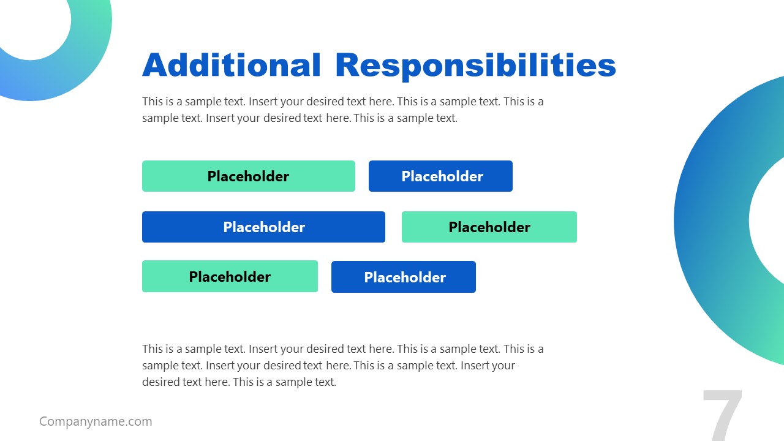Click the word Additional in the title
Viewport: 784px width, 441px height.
(x=231, y=65)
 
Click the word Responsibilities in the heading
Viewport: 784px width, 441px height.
(x=475, y=65)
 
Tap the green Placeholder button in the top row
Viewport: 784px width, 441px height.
(x=248, y=176)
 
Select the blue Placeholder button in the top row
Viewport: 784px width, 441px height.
(x=440, y=176)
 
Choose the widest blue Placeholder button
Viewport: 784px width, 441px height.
(x=263, y=227)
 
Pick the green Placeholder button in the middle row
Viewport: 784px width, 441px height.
(x=489, y=227)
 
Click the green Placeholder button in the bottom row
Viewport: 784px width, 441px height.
(x=230, y=277)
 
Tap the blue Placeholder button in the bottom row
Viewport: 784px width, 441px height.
(x=403, y=277)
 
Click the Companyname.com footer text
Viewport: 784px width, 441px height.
(x=96, y=421)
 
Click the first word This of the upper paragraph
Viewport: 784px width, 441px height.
(x=153, y=102)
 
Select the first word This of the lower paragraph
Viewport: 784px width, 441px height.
(x=153, y=349)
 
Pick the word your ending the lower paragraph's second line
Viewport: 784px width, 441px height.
(x=503, y=366)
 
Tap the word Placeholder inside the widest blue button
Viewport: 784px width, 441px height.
(x=263, y=227)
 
